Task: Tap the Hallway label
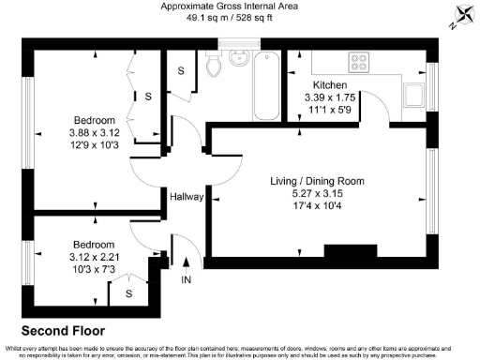point(187,197)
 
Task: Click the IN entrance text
point(186,279)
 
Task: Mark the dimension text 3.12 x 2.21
point(93,256)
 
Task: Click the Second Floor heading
point(64,331)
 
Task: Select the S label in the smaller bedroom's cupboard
point(128,292)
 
